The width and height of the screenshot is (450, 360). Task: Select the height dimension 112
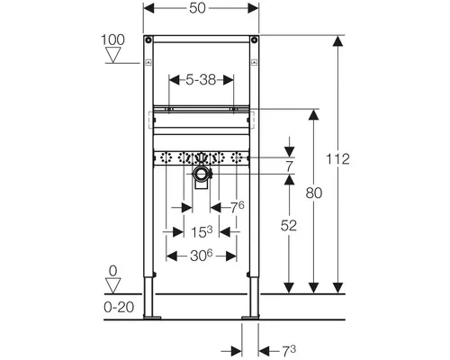tap(339, 158)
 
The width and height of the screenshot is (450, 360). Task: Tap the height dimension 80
tap(313, 192)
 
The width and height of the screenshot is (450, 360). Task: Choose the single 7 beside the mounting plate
tap(289, 165)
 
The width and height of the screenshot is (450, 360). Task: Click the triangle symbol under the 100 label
tap(112, 56)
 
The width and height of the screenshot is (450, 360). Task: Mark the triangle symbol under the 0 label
tap(112, 285)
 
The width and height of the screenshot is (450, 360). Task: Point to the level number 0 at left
tap(112, 270)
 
